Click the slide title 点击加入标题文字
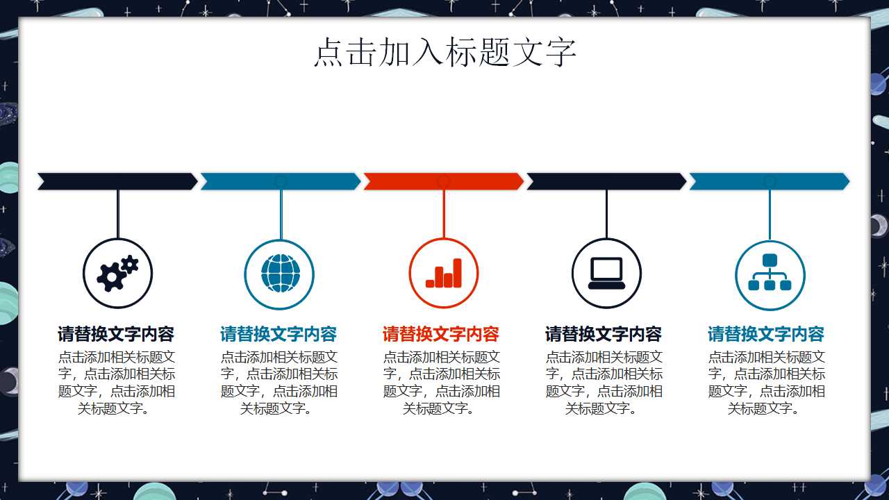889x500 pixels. click(444, 53)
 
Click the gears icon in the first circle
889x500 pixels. click(117, 273)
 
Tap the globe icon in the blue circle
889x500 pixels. click(280, 273)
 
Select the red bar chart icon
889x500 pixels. click(444, 273)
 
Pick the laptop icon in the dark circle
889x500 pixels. click(606, 273)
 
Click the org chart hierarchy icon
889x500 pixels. click(770, 273)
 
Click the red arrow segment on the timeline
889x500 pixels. click(443, 181)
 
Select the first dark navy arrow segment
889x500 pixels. click(117, 181)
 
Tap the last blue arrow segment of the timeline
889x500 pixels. click(769, 181)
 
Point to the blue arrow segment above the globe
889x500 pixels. click(281, 181)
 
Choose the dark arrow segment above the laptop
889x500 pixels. click(606, 181)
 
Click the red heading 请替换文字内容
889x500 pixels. click(441, 334)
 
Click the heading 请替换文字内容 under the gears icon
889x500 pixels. click(116, 334)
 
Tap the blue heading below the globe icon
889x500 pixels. click(279, 334)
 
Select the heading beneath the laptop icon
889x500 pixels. click(604, 334)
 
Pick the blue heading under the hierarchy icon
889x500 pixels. click(766, 334)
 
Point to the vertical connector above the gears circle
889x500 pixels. click(118, 214)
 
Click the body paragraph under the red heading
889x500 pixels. click(441, 383)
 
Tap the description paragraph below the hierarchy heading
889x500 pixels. click(766, 383)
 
